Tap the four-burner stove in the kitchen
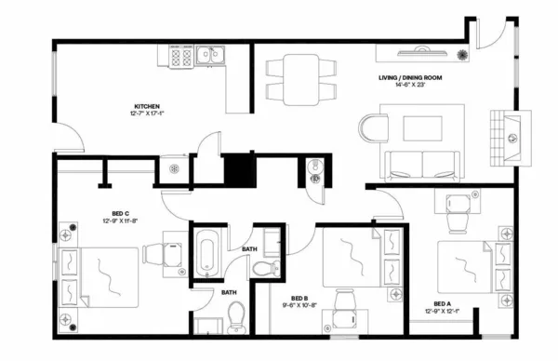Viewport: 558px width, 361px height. (182, 58)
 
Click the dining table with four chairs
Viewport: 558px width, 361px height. (299, 77)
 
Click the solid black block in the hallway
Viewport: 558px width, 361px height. (240, 169)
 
